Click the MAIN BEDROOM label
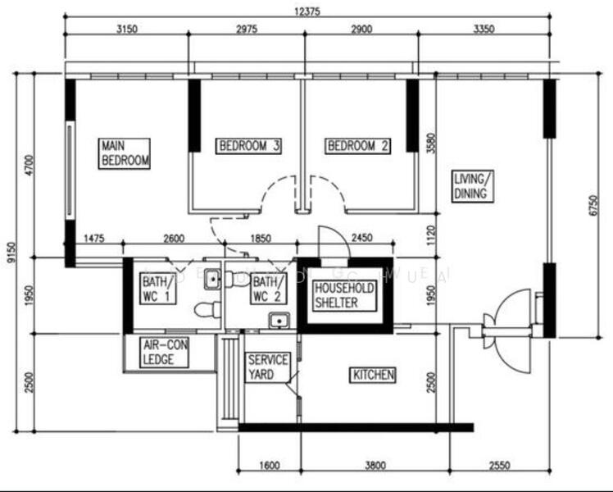[125, 153]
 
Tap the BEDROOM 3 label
[249, 146]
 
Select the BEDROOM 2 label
[358, 146]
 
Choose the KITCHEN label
[374, 375]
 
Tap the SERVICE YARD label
[267, 367]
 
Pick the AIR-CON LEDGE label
[166, 353]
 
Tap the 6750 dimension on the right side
[593, 205]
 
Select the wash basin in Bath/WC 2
[279, 320]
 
